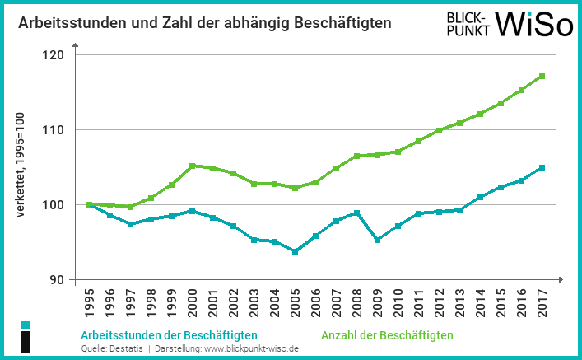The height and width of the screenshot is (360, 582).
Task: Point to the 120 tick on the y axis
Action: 55,55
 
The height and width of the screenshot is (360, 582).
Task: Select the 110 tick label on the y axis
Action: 55,130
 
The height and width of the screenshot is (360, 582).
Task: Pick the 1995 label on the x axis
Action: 88,302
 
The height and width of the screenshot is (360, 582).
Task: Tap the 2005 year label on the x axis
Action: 295,302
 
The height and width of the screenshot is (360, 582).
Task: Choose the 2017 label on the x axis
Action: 542,302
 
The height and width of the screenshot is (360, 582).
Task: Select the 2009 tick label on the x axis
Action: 377,302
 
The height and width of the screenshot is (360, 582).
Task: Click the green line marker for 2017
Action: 542,76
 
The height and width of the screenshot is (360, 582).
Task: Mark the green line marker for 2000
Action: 192,166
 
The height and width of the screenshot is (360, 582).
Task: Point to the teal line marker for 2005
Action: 295,252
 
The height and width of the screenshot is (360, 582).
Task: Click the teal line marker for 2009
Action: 377,241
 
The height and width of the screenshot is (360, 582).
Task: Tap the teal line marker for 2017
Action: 542,167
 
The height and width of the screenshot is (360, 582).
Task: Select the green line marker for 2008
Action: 356,156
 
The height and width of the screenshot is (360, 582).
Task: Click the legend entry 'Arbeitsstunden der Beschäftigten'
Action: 169,335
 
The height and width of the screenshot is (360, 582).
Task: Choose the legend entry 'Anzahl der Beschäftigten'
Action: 386,335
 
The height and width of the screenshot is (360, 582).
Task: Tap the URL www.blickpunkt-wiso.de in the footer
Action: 251,349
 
